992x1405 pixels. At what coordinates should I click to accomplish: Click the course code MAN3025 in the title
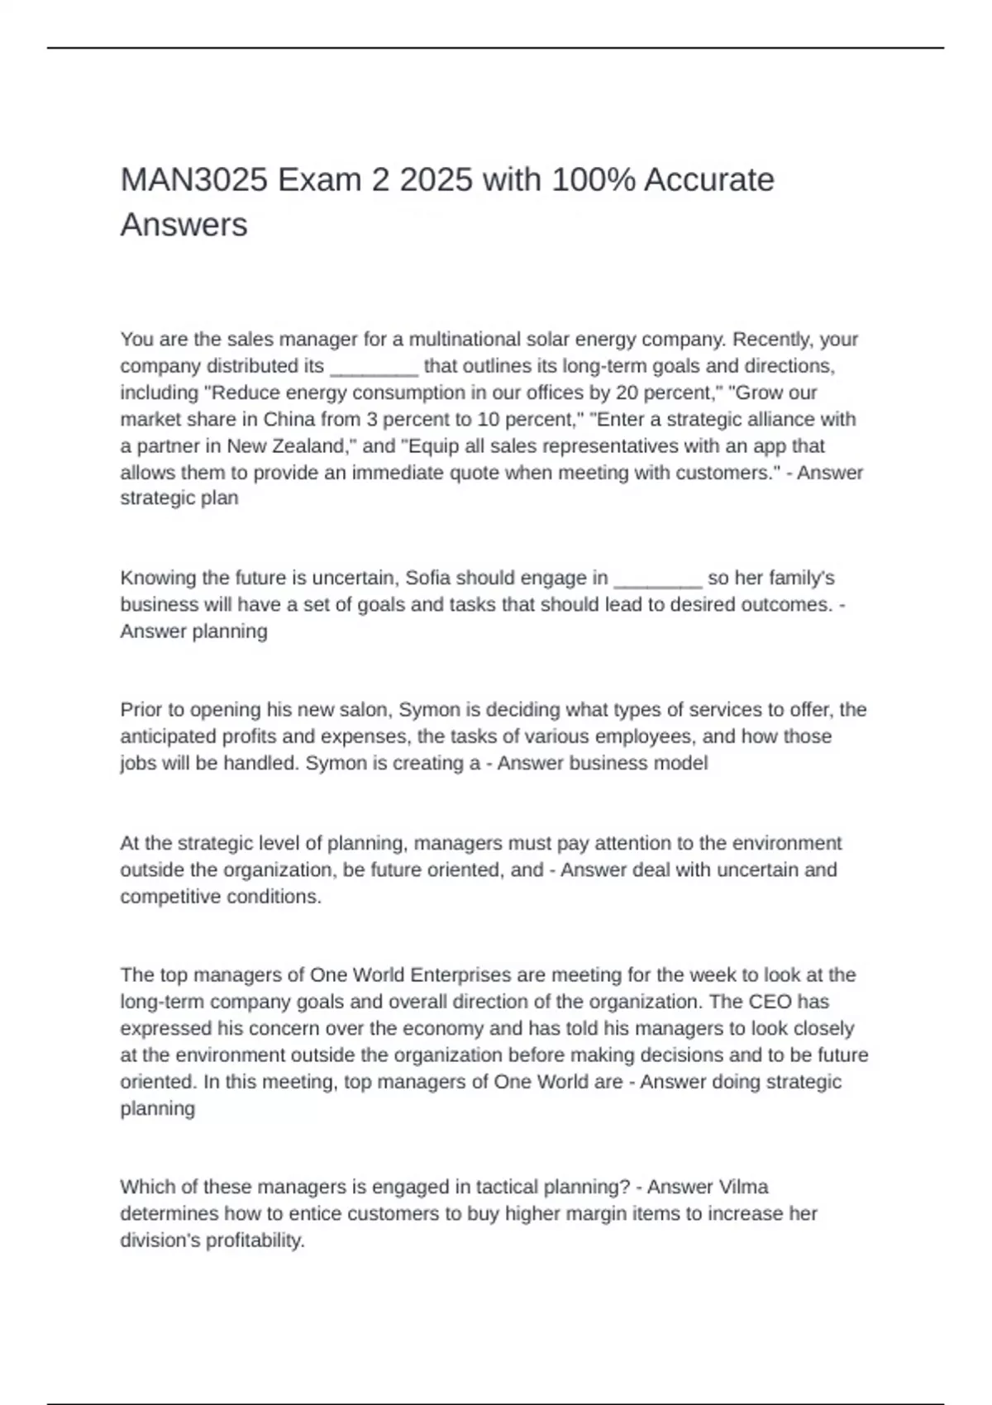[x=194, y=180]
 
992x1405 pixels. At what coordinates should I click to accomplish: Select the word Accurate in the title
[x=708, y=180]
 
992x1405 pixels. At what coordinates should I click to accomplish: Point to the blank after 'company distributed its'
[x=374, y=366]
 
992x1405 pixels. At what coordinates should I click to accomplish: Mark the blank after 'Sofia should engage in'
[x=658, y=578]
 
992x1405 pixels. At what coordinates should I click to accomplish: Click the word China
[x=289, y=419]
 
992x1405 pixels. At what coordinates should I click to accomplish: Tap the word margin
[x=599, y=1214]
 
